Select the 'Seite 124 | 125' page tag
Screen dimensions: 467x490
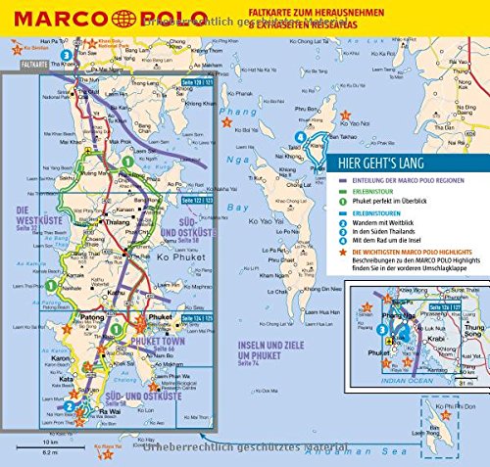[x=183, y=319]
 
